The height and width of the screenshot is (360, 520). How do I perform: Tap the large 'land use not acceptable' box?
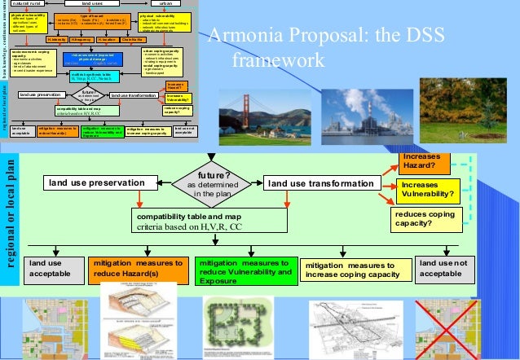click(x=443, y=268)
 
